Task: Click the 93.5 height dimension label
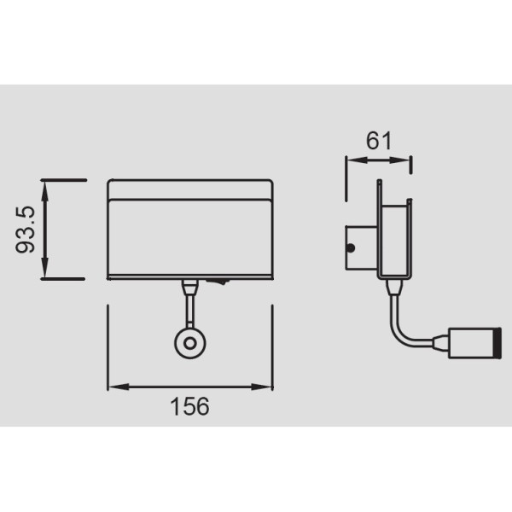tap(25, 230)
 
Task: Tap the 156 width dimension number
tap(189, 406)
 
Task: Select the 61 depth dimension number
tap(378, 141)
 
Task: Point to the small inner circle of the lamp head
tap(190, 344)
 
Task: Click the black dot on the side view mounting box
tap(351, 248)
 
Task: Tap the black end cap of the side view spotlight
tap(498, 343)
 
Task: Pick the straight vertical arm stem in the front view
tap(190, 311)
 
